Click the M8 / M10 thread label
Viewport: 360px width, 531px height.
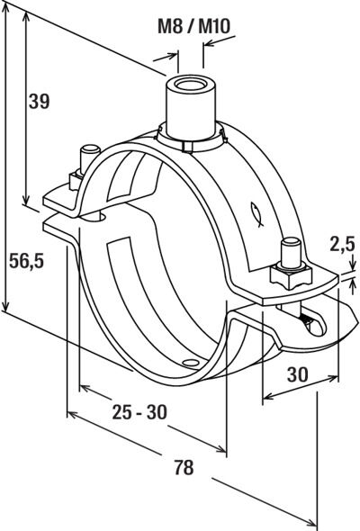[193, 26]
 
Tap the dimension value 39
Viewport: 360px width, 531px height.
[39, 101]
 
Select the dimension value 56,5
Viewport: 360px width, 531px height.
[26, 261]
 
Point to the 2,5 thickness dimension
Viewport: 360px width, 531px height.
[342, 244]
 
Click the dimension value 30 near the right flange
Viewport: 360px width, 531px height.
[298, 374]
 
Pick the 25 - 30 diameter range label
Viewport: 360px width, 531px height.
[139, 412]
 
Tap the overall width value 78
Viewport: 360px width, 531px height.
[184, 467]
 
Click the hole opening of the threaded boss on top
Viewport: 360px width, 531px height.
[192, 84]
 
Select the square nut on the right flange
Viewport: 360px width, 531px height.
[291, 274]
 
